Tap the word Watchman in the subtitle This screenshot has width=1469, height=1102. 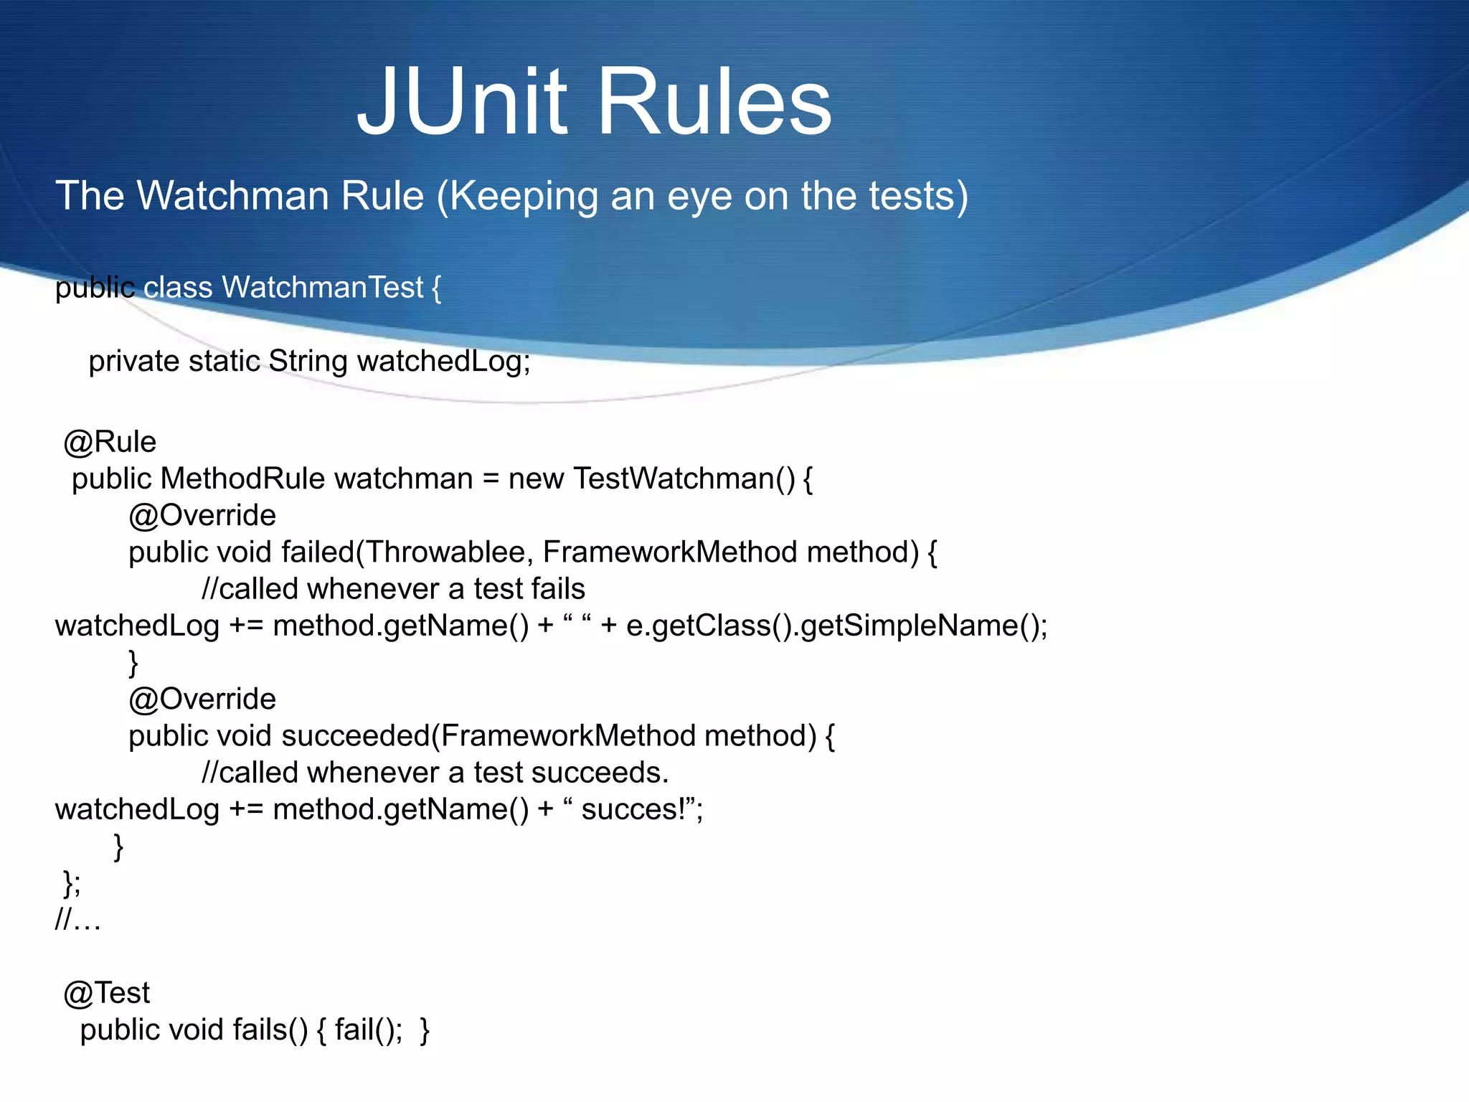pyautogui.click(x=280, y=195)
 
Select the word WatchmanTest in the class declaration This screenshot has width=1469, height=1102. pyautogui.click(x=323, y=288)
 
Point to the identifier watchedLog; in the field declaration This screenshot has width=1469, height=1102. pyautogui.click(x=443, y=361)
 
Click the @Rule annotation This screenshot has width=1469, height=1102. pyautogui.click(x=110, y=442)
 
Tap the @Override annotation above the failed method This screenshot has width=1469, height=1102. pyautogui.click(x=202, y=515)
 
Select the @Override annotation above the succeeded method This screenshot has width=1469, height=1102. pyautogui.click(x=202, y=699)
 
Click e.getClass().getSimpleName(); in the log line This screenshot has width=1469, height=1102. pyautogui.click(x=836, y=626)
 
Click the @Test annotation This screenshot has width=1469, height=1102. pyautogui.click(x=107, y=993)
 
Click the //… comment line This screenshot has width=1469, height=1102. pyautogui.click(x=78, y=919)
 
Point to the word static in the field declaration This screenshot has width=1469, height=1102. pyautogui.click(x=224, y=361)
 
